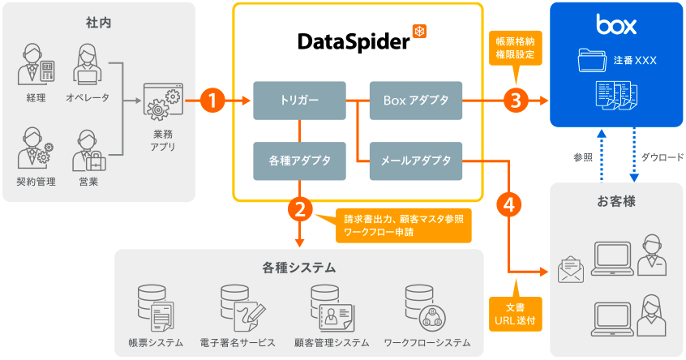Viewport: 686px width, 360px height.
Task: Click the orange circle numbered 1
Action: (212, 101)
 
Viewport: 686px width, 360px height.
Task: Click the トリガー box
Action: (299, 101)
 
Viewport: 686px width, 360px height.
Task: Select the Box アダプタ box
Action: (415, 101)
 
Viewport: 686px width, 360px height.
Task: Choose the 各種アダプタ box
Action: (299, 161)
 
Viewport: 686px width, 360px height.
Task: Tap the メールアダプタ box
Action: (415, 161)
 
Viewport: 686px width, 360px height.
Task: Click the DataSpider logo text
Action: (354, 40)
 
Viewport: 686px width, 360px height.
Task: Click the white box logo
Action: (616, 24)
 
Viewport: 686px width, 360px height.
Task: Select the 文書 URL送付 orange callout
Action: (515, 314)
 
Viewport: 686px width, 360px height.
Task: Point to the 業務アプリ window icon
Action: (161, 103)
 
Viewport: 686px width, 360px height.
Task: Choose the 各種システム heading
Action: (298, 267)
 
